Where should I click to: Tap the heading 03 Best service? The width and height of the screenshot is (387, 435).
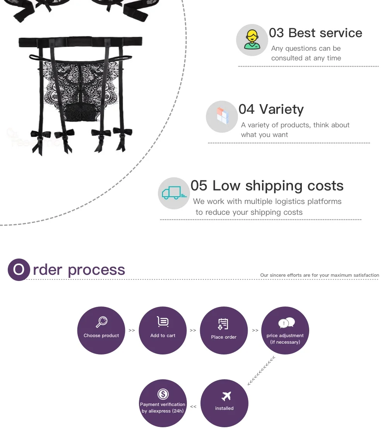coord(315,33)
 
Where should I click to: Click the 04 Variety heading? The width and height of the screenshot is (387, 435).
coord(271,109)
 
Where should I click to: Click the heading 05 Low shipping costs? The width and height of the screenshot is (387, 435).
coord(267,186)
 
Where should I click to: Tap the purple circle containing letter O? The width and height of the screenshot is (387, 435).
coord(19,269)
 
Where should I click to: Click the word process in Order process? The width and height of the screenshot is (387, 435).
coord(96,270)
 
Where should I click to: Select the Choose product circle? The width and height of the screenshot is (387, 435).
coord(101,330)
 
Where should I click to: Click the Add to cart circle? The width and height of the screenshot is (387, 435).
coord(163,330)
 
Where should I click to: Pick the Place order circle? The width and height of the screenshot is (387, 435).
coord(224,330)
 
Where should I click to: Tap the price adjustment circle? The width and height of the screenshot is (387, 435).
coord(285,330)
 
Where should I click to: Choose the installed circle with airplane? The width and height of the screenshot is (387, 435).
coord(224,403)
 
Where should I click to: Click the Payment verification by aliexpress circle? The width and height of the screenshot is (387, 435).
coord(163,403)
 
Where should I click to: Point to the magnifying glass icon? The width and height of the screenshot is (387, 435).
coord(101,322)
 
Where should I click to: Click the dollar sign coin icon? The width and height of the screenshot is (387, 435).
coord(163,394)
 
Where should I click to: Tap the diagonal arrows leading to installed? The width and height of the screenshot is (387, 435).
coord(262,370)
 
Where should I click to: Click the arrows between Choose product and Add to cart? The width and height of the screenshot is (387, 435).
coord(132,331)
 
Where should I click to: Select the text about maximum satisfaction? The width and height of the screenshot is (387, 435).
coord(320,275)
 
